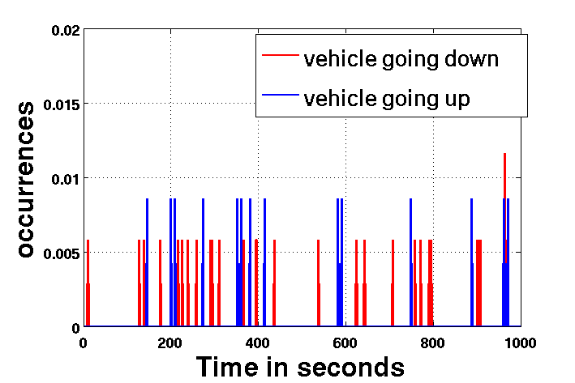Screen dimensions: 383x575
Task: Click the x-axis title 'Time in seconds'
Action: point(300,366)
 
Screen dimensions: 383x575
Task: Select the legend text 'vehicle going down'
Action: point(401,58)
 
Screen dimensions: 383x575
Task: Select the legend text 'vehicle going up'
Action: point(387,98)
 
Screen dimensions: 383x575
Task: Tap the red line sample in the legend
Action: point(280,58)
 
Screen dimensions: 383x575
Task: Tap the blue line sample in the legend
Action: point(280,98)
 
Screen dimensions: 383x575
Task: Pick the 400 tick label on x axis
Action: point(258,342)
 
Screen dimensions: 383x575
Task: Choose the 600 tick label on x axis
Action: point(345,342)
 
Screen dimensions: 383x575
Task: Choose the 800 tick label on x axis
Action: point(433,342)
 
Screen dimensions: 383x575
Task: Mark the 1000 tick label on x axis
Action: point(520,342)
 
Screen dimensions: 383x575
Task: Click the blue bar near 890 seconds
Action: point(471,259)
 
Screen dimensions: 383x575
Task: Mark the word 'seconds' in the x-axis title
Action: point(354,366)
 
